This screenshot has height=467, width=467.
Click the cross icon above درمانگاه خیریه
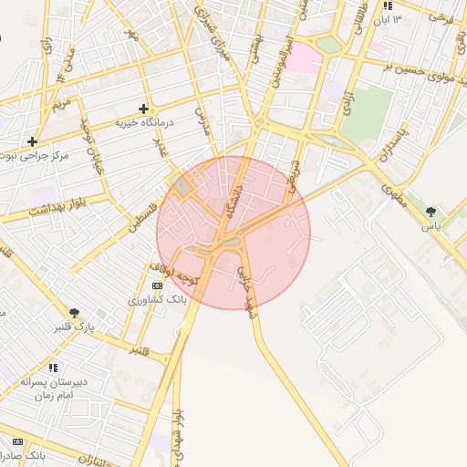143,109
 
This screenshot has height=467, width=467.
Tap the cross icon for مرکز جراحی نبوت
33,141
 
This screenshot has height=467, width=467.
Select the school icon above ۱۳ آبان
388,5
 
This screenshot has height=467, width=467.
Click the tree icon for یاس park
431,212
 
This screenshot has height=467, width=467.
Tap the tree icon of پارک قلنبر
73,313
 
